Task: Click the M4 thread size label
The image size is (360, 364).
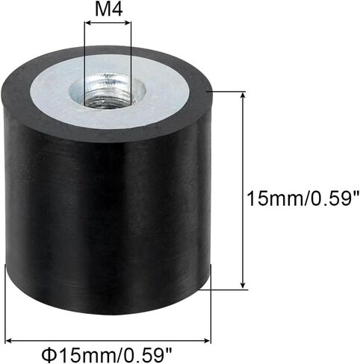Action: [x=109, y=10]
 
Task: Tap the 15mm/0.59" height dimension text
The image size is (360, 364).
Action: [x=300, y=198]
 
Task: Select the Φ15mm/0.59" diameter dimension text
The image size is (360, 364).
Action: [x=107, y=355]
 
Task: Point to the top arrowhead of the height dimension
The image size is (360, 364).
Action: [x=243, y=95]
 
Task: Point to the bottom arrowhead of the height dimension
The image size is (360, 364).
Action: [x=243, y=285]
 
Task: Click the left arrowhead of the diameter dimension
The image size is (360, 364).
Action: [x=10, y=340]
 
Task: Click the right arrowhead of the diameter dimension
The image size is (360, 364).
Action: [x=207, y=340]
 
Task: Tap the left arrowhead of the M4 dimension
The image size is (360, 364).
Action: [x=88, y=23]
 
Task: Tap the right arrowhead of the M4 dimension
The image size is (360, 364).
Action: [x=127, y=23]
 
